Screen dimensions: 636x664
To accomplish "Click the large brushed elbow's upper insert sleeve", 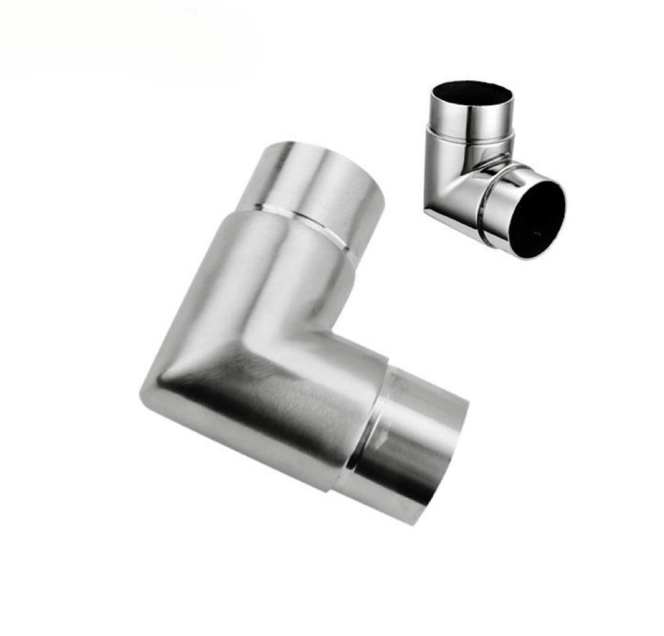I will pos(318,183).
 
